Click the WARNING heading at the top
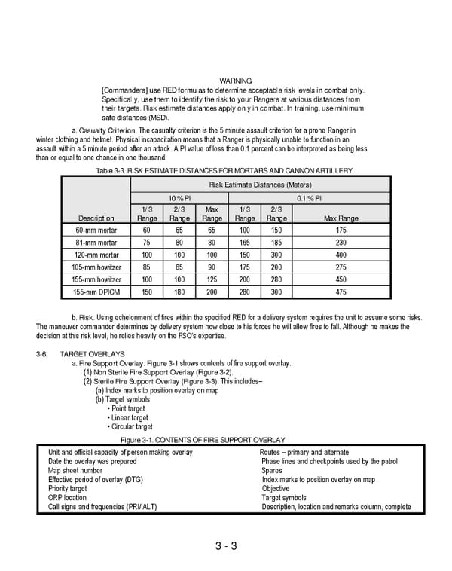tap(235, 81)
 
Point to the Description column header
tap(96, 218)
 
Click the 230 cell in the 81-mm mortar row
tap(341, 243)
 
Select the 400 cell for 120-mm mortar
tap(341, 255)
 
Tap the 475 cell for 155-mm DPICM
tap(341, 292)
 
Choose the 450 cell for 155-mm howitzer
tap(341, 279)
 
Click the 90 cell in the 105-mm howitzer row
tap(212, 267)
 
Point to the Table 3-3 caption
tap(213, 171)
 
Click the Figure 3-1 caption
tap(203, 439)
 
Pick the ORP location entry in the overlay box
tap(67, 498)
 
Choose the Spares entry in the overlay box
tap(271, 471)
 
